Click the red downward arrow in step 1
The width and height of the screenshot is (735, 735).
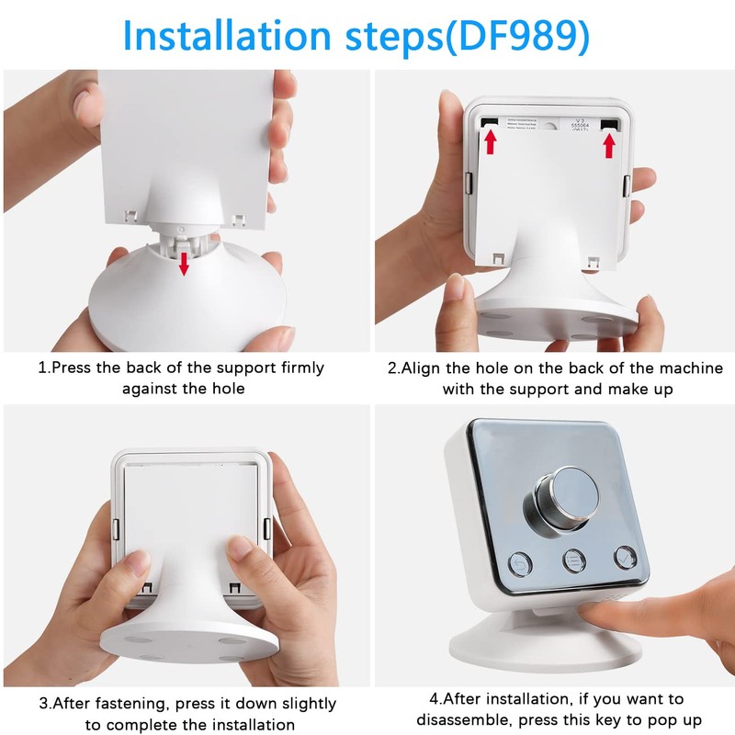pos(184,263)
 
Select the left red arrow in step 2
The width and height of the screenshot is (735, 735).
pos(491,141)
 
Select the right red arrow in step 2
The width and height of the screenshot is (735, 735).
pos(608,143)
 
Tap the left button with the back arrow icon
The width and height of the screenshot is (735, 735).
pos(522,560)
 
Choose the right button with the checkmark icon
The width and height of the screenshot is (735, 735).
pos(625,557)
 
